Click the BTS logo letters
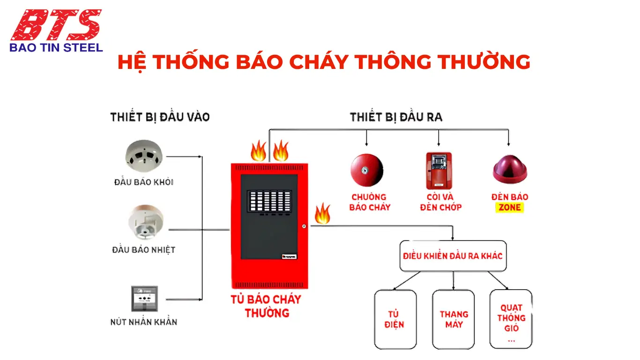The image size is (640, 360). (x=56, y=24)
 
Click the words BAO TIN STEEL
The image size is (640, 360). (x=56, y=47)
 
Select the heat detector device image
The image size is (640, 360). (x=146, y=222)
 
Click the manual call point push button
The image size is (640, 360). (x=144, y=299)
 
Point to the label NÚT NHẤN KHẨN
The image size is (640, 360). (x=144, y=322)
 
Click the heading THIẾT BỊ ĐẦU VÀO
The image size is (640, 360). (x=160, y=117)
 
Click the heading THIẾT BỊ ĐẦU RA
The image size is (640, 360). (x=396, y=117)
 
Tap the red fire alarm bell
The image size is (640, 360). (x=366, y=170)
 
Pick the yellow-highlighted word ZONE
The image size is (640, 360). (x=510, y=207)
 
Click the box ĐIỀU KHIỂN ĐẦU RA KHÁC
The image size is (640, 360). (x=453, y=256)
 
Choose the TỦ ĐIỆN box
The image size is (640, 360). (x=395, y=319)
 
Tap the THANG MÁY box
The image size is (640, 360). (x=453, y=319)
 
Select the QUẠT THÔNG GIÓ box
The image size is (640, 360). (x=511, y=319)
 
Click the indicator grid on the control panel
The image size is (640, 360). (x=269, y=202)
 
